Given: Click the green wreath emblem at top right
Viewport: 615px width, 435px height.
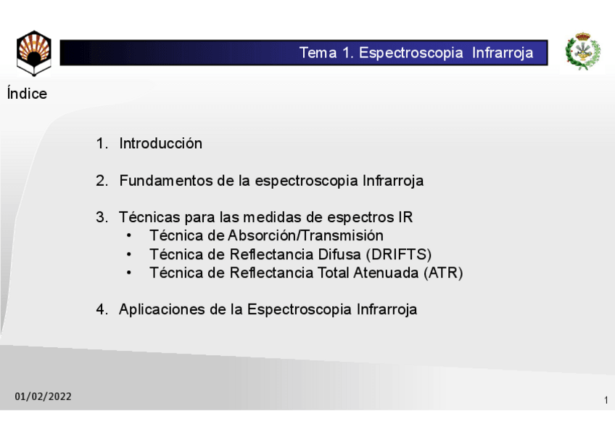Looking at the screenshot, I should click(x=583, y=52).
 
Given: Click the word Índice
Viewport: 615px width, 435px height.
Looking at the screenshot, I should click(x=27, y=94).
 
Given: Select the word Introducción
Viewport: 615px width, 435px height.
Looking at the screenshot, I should click(x=160, y=144).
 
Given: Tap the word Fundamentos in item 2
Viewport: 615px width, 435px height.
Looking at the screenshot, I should click(x=166, y=181).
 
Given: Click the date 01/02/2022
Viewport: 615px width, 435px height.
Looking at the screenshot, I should click(x=44, y=397).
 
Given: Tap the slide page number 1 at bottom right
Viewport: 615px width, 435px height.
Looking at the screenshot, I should click(x=606, y=400).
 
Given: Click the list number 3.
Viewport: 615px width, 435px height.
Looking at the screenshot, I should click(x=101, y=217).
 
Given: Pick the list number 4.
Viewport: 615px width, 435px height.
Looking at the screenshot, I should click(x=101, y=309).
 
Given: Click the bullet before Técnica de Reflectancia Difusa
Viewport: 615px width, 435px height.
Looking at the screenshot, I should click(x=129, y=255).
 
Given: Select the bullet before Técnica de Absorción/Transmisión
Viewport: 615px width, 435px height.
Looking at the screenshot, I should click(x=129, y=236).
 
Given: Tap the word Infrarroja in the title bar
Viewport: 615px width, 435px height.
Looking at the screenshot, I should click(x=503, y=53).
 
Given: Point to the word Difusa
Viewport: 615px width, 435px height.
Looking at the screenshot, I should click(x=339, y=254).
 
